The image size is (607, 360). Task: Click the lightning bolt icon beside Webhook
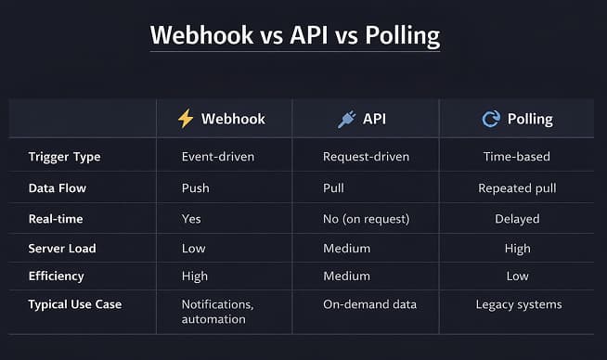[x=186, y=119]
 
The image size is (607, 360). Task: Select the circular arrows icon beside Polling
[x=490, y=119]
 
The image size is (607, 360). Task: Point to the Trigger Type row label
[x=64, y=157]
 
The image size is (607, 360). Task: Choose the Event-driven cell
[x=218, y=157]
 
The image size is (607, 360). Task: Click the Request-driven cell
[x=366, y=157]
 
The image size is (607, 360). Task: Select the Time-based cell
[x=518, y=157]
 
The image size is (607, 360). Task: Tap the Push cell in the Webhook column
[x=195, y=187]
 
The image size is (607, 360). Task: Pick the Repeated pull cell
[x=517, y=187]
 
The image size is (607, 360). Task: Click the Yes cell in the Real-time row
[x=192, y=218]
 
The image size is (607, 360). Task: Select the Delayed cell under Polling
[x=517, y=218]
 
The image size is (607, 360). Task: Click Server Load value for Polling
[x=517, y=248]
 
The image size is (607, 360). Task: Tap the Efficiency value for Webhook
[x=196, y=276]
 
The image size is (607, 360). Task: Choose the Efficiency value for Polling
[x=517, y=276]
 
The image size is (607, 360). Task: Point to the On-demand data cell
[x=368, y=304]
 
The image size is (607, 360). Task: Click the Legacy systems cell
[x=518, y=304]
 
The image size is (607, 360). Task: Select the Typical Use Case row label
[x=75, y=304]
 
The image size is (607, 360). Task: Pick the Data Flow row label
[x=58, y=187]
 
